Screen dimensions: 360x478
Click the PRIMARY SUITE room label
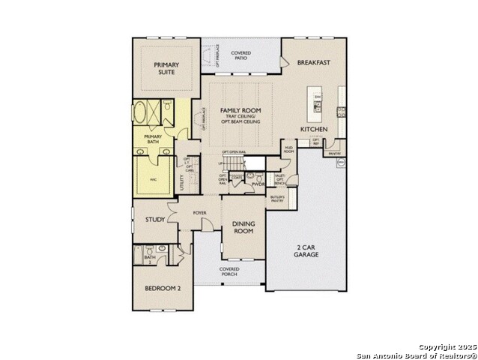click(166, 70)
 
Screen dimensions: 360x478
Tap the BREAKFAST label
click(313, 63)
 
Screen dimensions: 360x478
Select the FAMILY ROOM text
click(240, 111)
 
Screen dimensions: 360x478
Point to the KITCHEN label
click(314, 130)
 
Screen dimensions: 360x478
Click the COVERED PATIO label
click(240, 56)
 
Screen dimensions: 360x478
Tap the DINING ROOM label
click(243, 228)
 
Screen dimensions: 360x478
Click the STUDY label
click(155, 220)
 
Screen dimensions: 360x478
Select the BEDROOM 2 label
click(163, 288)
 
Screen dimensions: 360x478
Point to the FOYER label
click(199, 213)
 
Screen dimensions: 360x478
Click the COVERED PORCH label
click(229, 271)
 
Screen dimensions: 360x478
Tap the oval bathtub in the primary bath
click(142, 115)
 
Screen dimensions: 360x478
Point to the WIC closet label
click(153, 180)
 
